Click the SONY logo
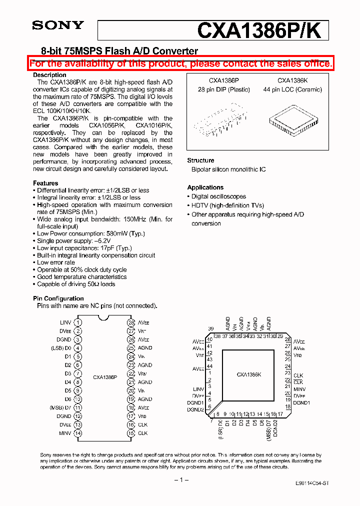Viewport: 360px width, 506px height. coord(58,25)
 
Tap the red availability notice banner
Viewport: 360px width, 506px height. coord(180,63)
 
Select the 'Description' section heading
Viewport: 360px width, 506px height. coord(49,75)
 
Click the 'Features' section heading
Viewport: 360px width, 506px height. coord(45,183)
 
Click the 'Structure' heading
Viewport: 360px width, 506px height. coord(200,160)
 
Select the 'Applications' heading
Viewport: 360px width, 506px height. coord(205,187)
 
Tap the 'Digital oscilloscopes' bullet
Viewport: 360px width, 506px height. coord(218,196)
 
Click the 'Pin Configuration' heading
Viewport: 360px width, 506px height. coord(58,298)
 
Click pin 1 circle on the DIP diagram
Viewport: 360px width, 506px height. coord(78,322)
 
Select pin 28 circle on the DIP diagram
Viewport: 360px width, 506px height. coord(131,322)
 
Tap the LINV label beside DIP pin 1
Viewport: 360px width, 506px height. coord(65,322)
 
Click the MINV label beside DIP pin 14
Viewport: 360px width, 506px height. coord(65,433)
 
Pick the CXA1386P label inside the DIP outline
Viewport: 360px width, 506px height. coord(105,377)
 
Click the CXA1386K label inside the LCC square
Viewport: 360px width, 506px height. coord(248,374)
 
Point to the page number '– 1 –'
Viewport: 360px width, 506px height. coord(180,479)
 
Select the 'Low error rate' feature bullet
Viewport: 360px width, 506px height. coord(56,262)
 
